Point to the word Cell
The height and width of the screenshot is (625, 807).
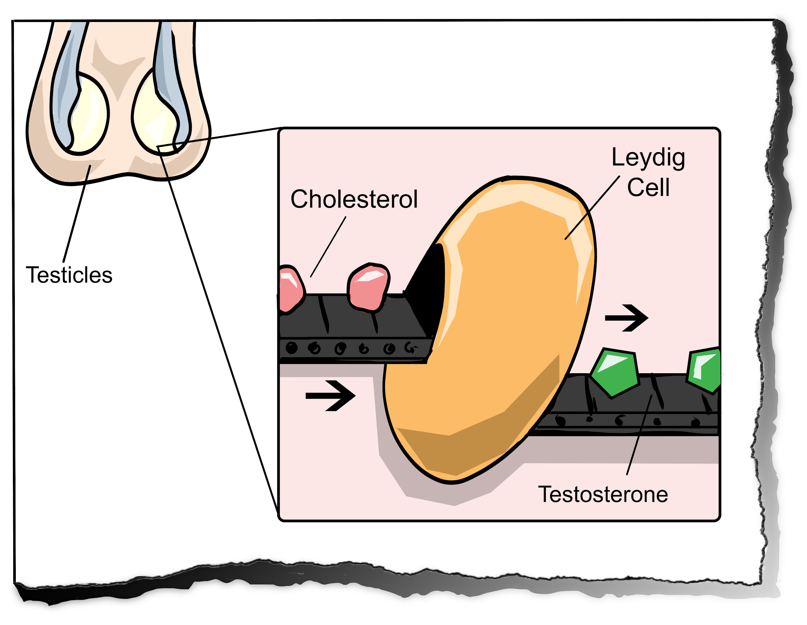648,187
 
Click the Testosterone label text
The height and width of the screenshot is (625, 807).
603,495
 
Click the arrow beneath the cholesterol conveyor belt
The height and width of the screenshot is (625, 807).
330,396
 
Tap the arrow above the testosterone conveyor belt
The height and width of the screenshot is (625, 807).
626,318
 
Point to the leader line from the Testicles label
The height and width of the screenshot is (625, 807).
77,215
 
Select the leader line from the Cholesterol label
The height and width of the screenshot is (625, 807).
328,247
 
